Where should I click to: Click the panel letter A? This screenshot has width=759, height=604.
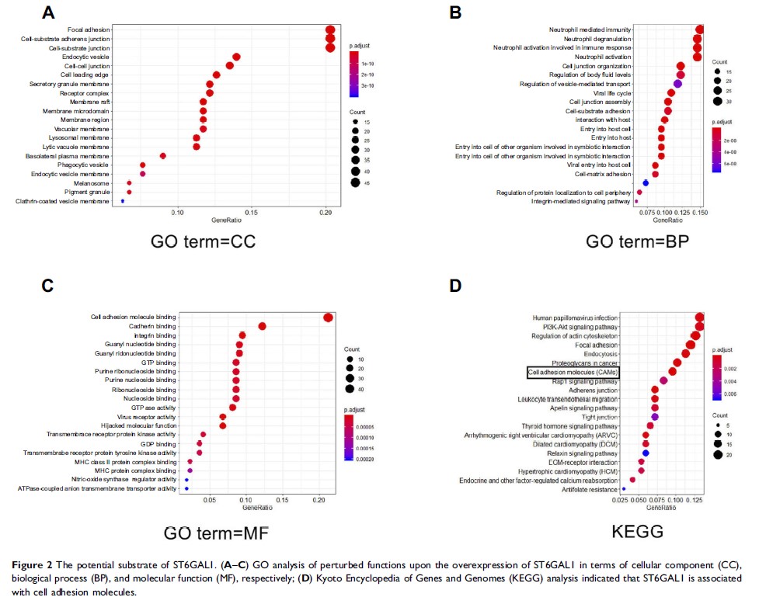click(x=48, y=13)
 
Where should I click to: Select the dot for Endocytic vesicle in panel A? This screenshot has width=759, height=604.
click(x=236, y=57)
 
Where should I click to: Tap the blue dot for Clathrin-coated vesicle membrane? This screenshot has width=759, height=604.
click(x=123, y=201)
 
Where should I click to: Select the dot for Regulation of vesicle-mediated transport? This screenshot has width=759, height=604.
click(x=677, y=84)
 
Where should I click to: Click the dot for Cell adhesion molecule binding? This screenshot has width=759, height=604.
click(x=329, y=317)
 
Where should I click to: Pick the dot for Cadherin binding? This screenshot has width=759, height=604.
click(x=263, y=326)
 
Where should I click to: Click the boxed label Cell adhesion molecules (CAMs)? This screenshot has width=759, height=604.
click(x=573, y=373)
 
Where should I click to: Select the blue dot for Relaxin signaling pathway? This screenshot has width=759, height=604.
click(x=646, y=453)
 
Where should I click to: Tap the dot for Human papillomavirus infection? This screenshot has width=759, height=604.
click(x=699, y=318)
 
